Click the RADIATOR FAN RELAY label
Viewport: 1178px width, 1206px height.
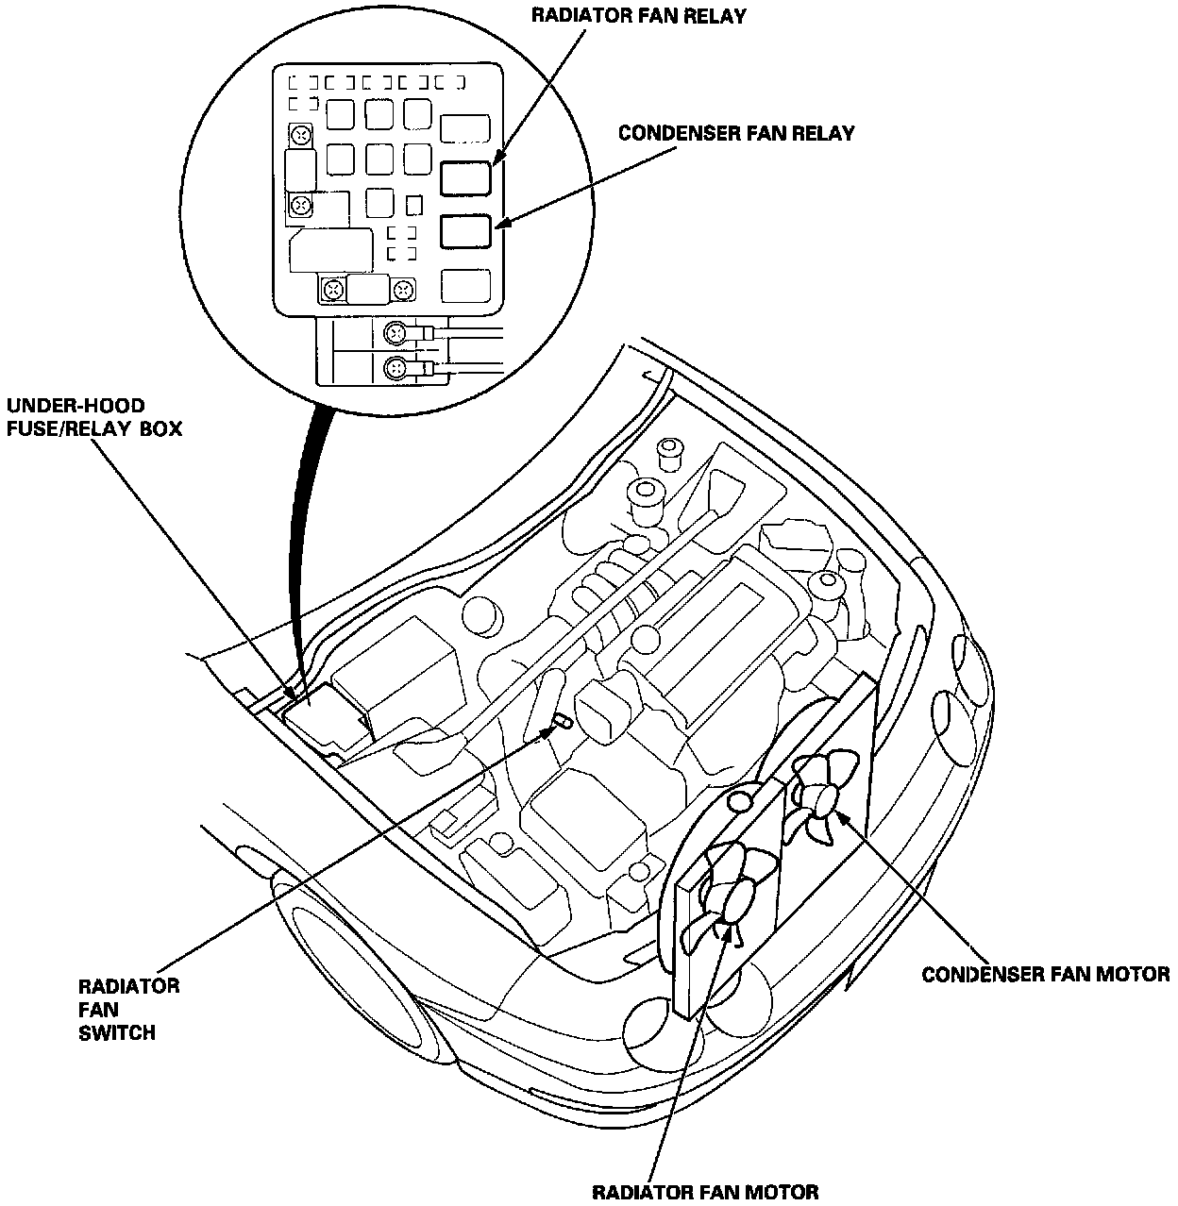tap(638, 16)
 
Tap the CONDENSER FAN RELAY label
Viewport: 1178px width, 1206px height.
tap(736, 133)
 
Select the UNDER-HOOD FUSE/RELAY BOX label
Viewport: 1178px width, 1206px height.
tap(94, 417)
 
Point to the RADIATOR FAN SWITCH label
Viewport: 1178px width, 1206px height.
tap(128, 1009)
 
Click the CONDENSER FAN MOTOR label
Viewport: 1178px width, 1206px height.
tap(1045, 974)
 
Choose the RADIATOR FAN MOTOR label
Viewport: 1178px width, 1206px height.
tap(704, 1191)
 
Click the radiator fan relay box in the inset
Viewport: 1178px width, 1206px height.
tap(466, 177)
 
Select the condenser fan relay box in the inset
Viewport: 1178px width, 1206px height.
tap(466, 231)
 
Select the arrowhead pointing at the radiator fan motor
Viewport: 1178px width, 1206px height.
tap(727, 929)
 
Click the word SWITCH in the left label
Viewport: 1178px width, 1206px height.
tap(117, 1032)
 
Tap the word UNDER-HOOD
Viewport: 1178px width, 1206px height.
tap(76, 406)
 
